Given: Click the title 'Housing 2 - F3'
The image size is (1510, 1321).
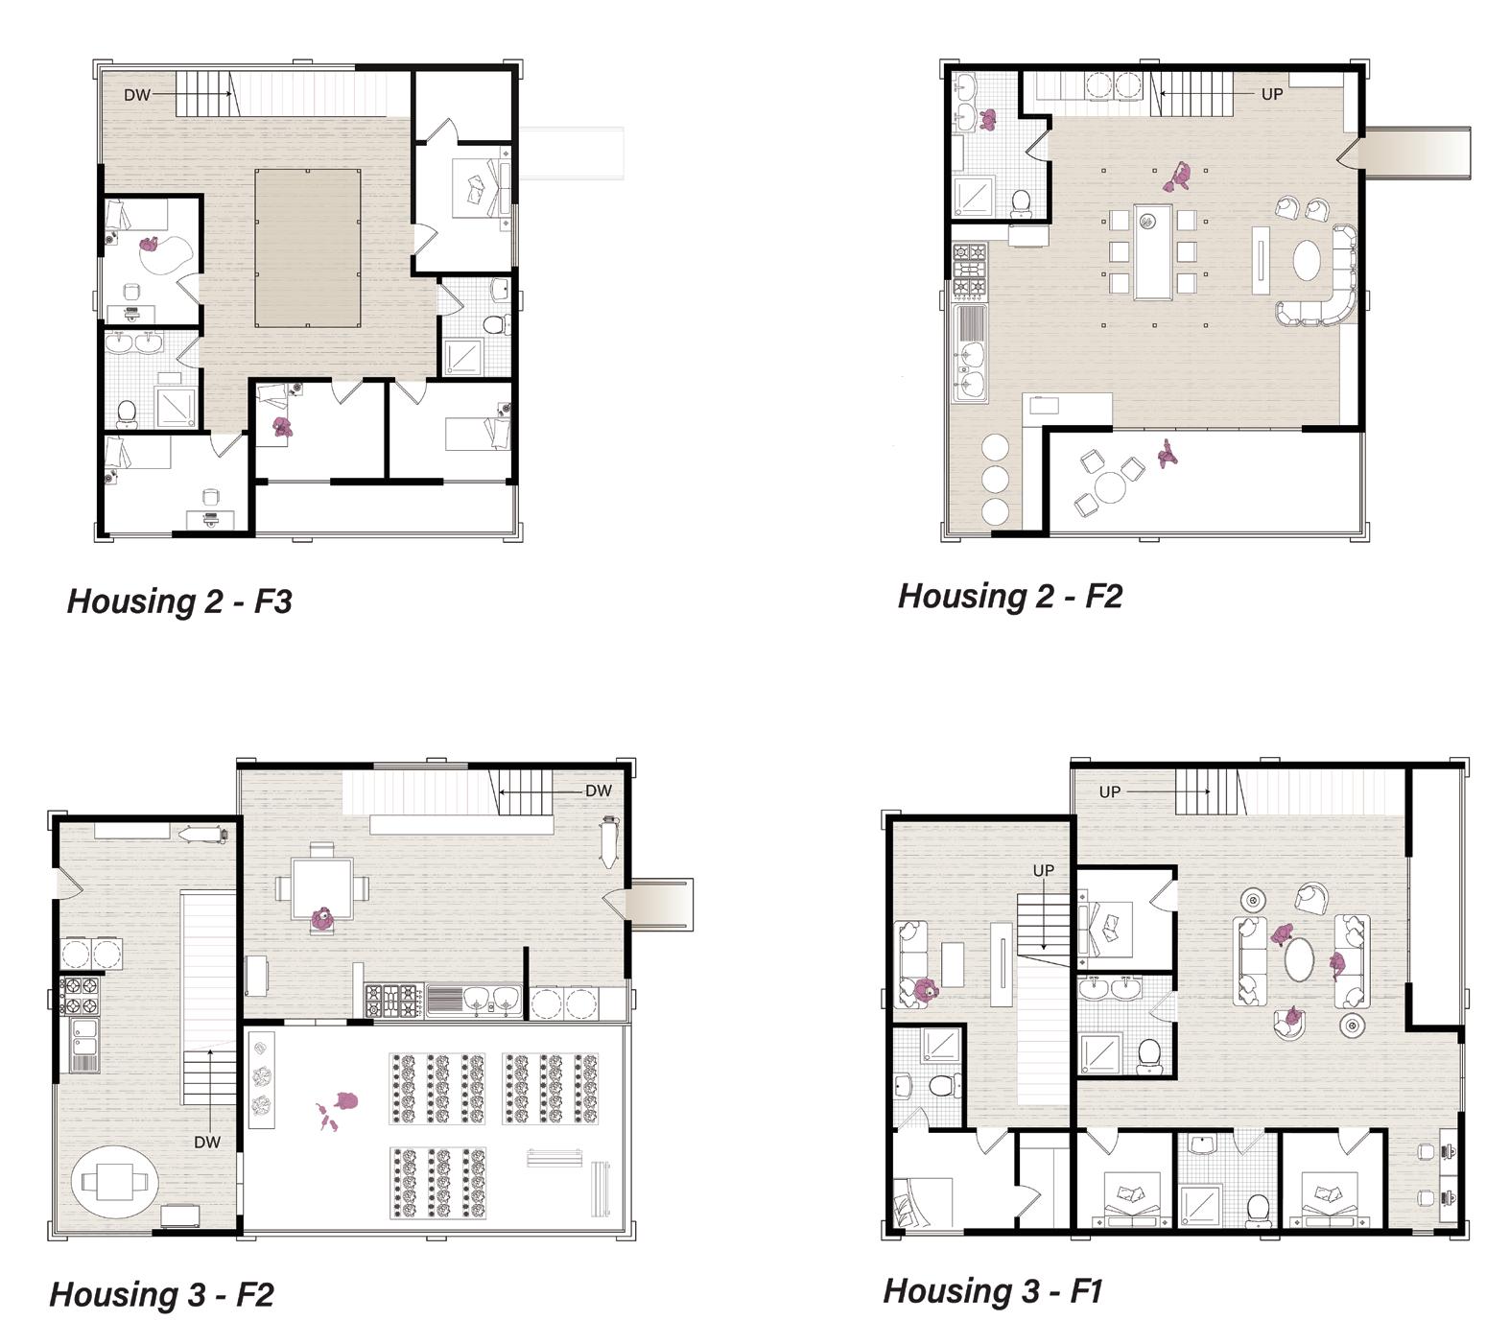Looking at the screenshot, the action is point(179,602).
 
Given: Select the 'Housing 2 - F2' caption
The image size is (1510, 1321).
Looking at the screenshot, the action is point(1009,596).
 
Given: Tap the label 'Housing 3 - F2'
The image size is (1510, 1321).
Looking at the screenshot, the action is point(161,1294).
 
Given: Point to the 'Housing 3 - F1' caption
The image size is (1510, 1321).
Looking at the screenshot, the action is point(992,1290).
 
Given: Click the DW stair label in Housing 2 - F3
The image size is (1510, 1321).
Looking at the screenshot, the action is point(137,95).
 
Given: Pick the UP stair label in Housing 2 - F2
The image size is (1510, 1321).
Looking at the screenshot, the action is point(1272,94).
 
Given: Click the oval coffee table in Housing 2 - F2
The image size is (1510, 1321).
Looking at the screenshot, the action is point(1311,259).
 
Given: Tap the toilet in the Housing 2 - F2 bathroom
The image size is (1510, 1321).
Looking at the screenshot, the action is point(1021,201).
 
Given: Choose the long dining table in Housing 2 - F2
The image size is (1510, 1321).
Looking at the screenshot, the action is point(1152,251).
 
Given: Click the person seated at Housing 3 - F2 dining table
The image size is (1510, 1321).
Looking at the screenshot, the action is point(323,919).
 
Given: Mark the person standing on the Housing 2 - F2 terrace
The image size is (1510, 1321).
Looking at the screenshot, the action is point(1168,453).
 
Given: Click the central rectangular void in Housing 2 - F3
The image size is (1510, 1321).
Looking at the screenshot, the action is point(307,248).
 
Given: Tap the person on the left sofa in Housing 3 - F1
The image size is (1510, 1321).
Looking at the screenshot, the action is point(924,991).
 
